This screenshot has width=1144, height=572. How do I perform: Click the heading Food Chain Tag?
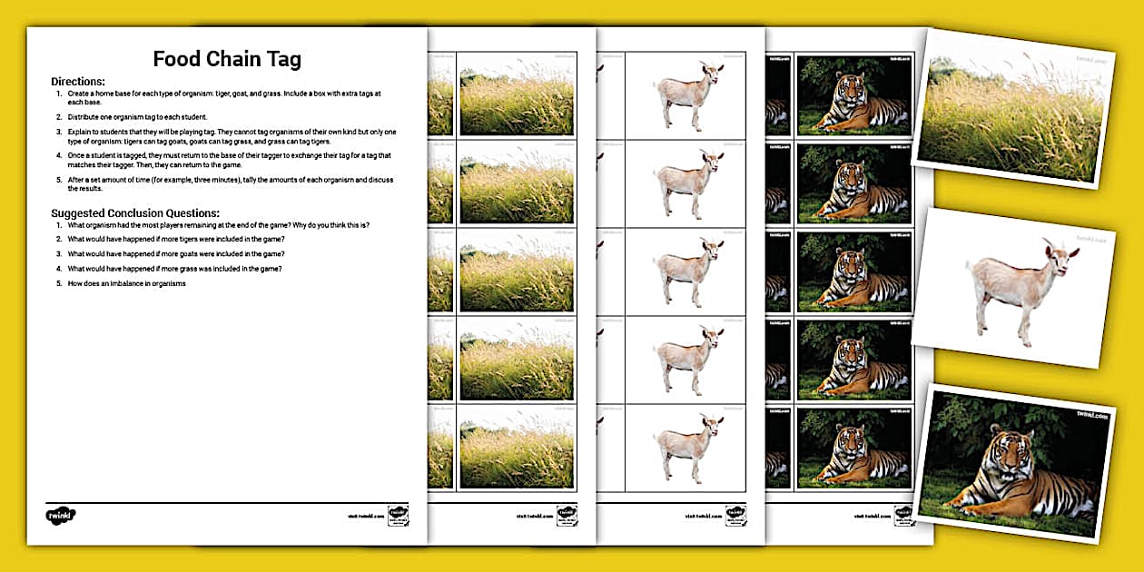[227, 60]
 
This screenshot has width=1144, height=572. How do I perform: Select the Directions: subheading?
[78, 82]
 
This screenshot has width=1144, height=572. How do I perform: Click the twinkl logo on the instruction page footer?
[61, 515]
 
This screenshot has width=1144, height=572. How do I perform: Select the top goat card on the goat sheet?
[685, 95]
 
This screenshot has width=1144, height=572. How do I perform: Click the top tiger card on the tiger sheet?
[855, 95]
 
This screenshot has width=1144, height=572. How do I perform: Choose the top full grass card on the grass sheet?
[517, 95]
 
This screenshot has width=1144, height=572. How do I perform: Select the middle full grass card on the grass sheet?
[517, 271]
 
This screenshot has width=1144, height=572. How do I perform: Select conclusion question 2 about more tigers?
[176, 239]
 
